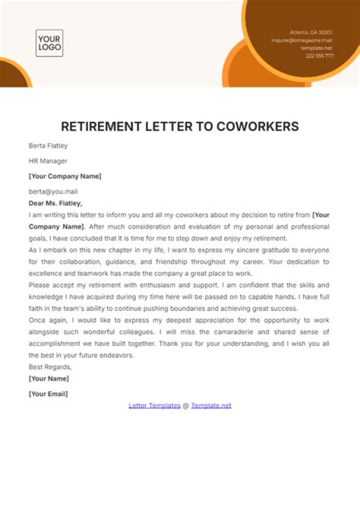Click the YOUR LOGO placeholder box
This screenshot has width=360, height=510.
point(49,43)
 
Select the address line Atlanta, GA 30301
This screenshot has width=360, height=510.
point(311,32)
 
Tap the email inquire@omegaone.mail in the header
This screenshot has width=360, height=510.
point(302,40)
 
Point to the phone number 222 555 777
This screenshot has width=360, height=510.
point(319,56)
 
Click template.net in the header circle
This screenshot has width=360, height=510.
point(316,48)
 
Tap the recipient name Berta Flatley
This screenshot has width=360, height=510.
point(48,146)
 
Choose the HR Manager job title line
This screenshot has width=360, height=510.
point(48,161)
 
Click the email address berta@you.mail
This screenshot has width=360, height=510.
point(53,191)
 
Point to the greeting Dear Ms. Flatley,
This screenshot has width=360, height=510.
point(55,203)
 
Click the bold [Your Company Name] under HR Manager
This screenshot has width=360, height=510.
point(65,176)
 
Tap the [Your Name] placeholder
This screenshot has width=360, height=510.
point(49,379)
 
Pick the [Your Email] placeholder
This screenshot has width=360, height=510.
point(48,394)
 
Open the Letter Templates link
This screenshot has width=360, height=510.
point(154,406)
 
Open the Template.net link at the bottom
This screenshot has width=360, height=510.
point(211,406)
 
